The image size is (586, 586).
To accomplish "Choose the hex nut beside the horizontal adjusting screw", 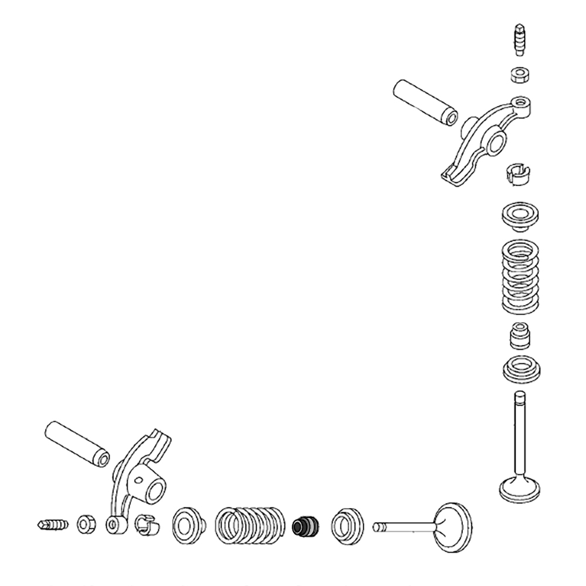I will coord(87,523).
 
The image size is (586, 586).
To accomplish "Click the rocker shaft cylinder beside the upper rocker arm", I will coord(424,103).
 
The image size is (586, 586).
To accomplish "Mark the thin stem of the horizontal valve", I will coord(404,526).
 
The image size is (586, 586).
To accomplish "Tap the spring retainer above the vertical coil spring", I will coord(519,216).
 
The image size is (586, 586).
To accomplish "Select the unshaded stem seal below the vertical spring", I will coord(520,335).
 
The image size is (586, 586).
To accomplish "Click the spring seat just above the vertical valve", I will coord(520,369).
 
